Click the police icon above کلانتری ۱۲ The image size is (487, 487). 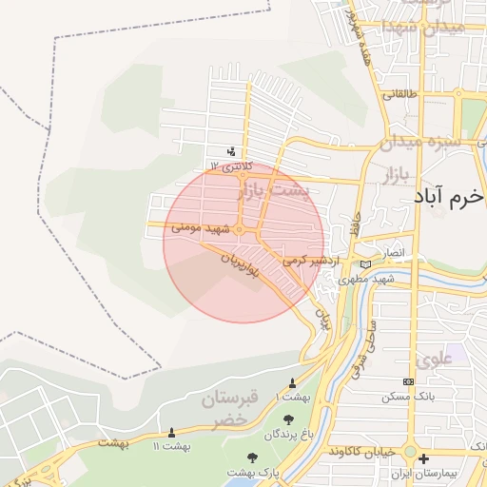(x=231, y=151)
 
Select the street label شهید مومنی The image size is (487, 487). (x=202, y=229)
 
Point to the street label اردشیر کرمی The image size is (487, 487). (x=306, y=259)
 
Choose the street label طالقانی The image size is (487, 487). (x=399, y=95)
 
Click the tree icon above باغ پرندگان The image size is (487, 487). (x=288, y=418)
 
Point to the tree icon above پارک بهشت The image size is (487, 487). (x=252, y=458)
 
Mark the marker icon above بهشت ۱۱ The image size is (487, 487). (x=171, y=433)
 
